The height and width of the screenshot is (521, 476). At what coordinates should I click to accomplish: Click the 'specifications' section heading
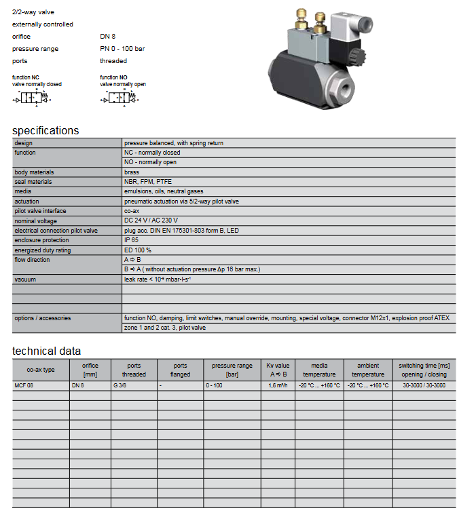click(45, 130)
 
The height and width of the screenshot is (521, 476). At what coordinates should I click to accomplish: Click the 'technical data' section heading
click(46, 351)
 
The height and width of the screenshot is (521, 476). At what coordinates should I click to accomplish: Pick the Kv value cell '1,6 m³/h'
click(278, 385)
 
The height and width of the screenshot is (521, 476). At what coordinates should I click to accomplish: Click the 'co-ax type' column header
click(40, 370)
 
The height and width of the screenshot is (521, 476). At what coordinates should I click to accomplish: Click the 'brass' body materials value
click(131, 172)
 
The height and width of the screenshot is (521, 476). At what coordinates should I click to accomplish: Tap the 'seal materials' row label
click(33, 182)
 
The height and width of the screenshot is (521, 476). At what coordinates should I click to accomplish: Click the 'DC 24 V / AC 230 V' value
click(151, 221)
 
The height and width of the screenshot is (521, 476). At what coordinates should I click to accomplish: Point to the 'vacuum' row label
click(25, 279)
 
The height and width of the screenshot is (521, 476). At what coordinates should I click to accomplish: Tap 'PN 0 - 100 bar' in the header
click(122, 49)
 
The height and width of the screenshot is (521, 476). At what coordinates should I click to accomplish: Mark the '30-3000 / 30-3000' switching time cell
click(424, 385)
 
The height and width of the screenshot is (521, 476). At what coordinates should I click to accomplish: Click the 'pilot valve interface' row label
click(40, 211)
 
